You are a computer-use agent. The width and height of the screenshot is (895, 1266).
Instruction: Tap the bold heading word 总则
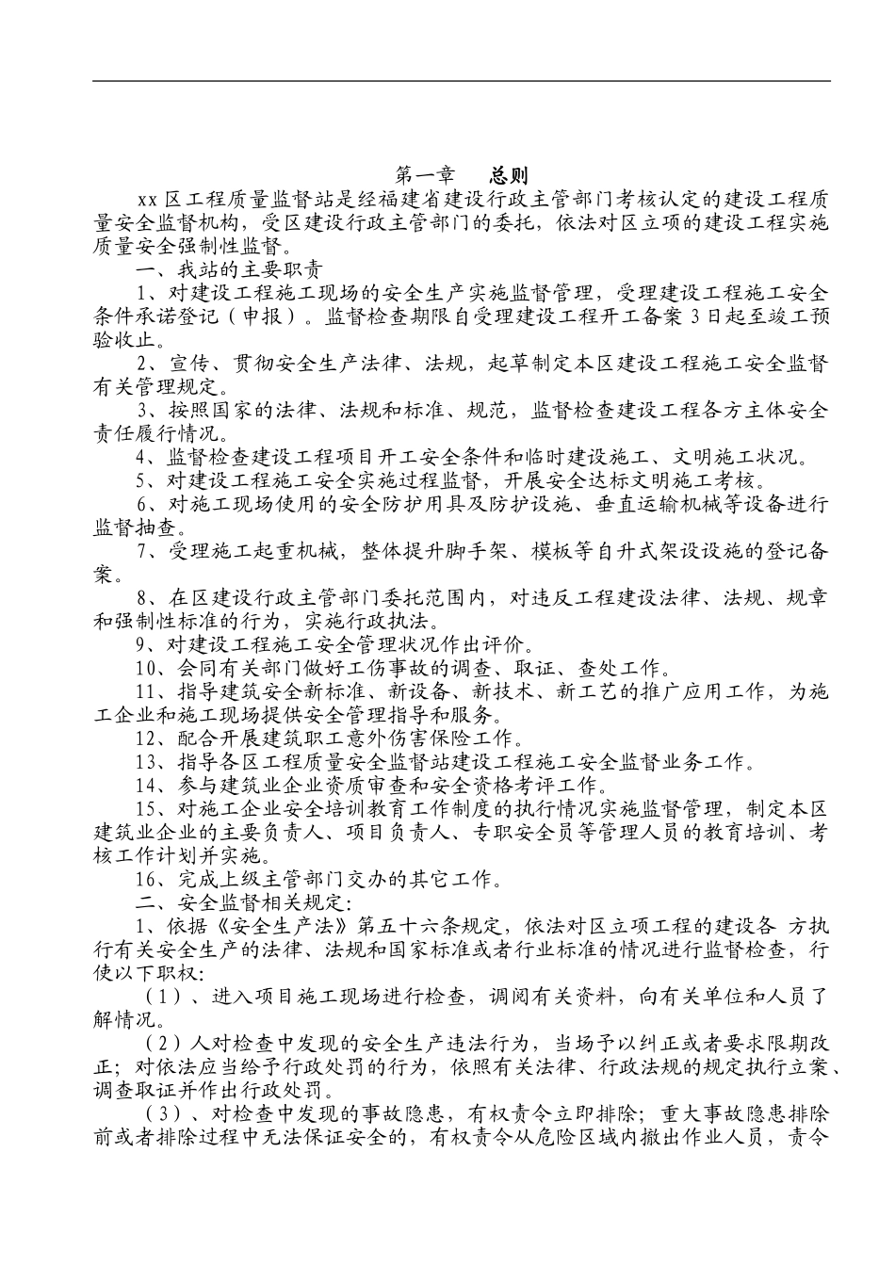click(x=510, y=175)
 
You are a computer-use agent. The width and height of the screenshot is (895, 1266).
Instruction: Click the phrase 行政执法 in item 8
click(x=392, y=621)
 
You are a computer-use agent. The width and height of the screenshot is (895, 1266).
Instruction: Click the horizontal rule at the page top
click(x=462, y=81)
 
